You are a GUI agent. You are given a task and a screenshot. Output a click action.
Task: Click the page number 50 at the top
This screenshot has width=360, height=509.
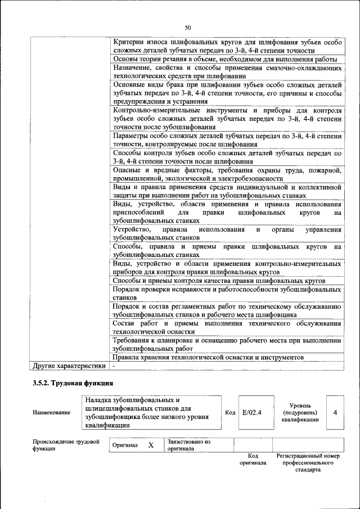click(188, 28)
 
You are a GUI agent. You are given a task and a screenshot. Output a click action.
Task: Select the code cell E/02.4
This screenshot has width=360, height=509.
click(251, 412)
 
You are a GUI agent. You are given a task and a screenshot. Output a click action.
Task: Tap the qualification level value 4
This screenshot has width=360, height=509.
click(335, 412)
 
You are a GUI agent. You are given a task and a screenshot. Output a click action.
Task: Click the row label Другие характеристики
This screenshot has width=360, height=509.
click(69, 366)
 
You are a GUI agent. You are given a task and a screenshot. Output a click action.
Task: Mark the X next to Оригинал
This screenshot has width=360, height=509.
click(151, 445)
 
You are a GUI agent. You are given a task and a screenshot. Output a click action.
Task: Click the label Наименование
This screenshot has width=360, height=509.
click(51, 413)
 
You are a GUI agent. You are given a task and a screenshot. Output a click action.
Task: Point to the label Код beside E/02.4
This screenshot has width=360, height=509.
click(230, 412)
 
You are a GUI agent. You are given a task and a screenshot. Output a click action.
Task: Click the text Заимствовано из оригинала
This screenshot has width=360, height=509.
click(188, 445)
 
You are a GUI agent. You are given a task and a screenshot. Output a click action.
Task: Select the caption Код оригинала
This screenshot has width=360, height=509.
click(253, 459)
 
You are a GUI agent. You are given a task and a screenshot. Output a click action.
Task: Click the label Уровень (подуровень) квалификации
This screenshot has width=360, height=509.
click(304, 412)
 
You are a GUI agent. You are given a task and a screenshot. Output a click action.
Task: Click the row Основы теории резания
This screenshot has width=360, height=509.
click(225, 59)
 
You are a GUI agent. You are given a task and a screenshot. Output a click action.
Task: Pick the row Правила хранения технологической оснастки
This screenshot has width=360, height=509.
click(208, 357)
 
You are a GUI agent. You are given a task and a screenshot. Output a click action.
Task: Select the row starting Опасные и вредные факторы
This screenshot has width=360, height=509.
click(227, 174)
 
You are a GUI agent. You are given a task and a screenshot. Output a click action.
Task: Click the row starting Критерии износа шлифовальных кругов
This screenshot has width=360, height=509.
click(227, 47)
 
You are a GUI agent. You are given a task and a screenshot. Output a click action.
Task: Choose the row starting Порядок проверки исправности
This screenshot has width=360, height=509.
click(227, 292)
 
